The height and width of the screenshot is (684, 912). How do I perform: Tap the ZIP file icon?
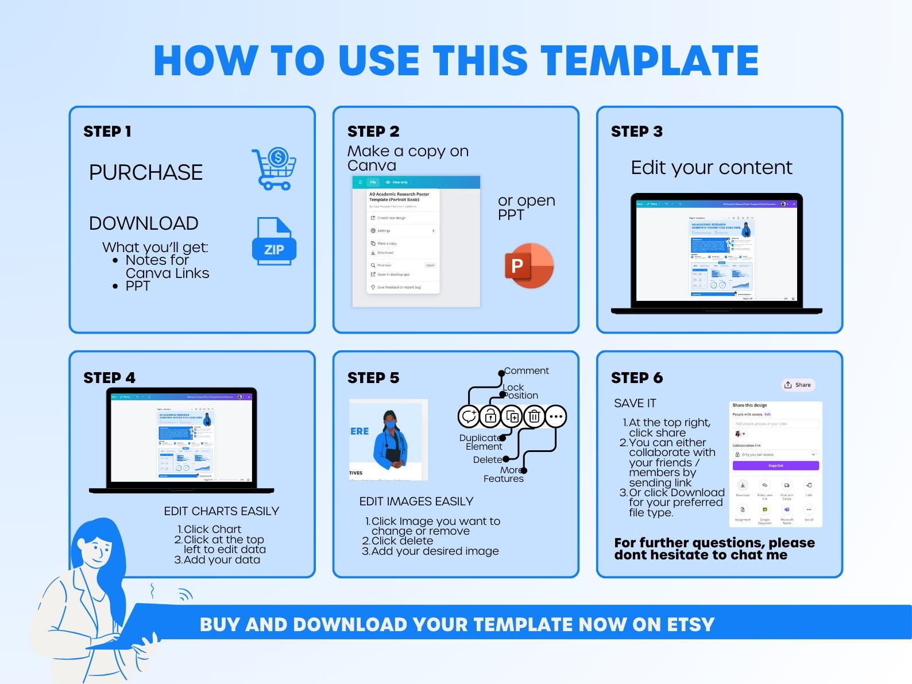pos(274,242)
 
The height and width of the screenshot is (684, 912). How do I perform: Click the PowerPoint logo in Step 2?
pos(528,266)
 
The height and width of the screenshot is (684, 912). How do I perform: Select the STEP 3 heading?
pos(636,132)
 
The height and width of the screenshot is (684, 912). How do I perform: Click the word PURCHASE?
pos(146,172)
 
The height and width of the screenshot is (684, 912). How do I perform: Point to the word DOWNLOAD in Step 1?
pos(144,223)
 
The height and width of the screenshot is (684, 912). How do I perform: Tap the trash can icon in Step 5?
pos(534,416)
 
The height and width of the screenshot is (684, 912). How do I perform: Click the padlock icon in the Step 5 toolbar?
pos(490,416)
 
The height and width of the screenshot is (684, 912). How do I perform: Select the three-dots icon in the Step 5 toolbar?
pos(555,416)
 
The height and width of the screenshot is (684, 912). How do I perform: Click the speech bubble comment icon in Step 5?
pos(469,416)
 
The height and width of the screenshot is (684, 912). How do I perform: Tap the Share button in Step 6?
pos(798,385)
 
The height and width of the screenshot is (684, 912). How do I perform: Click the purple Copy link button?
pos(775,466)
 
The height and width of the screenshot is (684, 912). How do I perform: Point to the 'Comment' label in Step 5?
pos(527,371)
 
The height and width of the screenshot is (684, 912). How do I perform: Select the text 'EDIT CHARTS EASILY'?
pos(221,511)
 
